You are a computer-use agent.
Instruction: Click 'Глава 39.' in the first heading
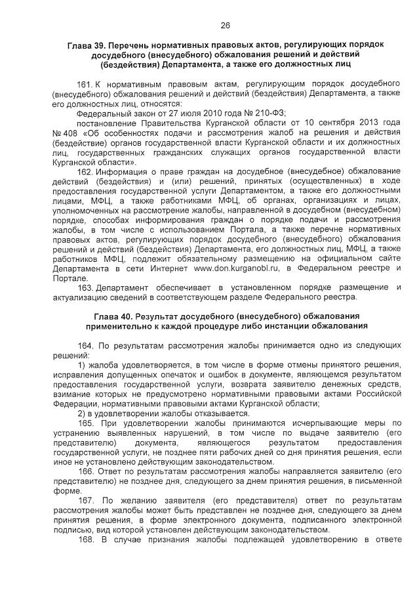[88, 45]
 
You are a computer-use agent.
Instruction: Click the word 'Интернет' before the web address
[171, 268]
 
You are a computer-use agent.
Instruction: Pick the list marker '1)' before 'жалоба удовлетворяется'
[81, 364]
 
